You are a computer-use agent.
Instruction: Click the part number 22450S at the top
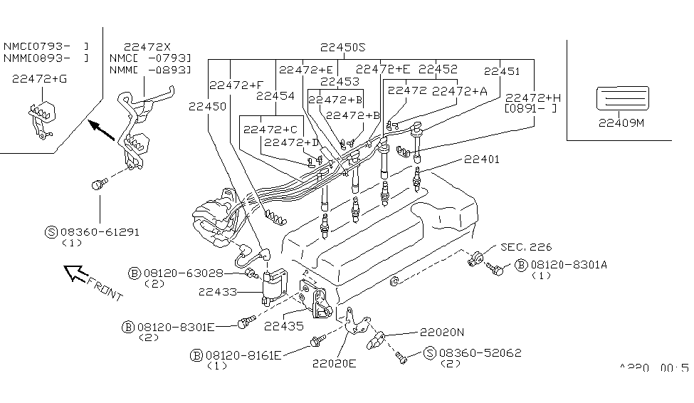tap(342, 48)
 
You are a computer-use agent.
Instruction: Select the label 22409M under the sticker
tap(621, 122)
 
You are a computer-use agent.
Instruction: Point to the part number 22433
tap(217, 291)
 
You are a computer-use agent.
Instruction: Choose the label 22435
tap(283, 326)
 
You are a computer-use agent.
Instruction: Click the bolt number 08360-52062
tap(479, 352)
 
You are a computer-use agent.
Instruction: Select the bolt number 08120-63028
tap(183, 273)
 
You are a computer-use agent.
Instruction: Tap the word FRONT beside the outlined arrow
tap(103, 288)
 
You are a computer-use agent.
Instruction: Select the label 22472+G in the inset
tap(39, 80)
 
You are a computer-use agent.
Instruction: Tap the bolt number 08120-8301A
tap(566, 264)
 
